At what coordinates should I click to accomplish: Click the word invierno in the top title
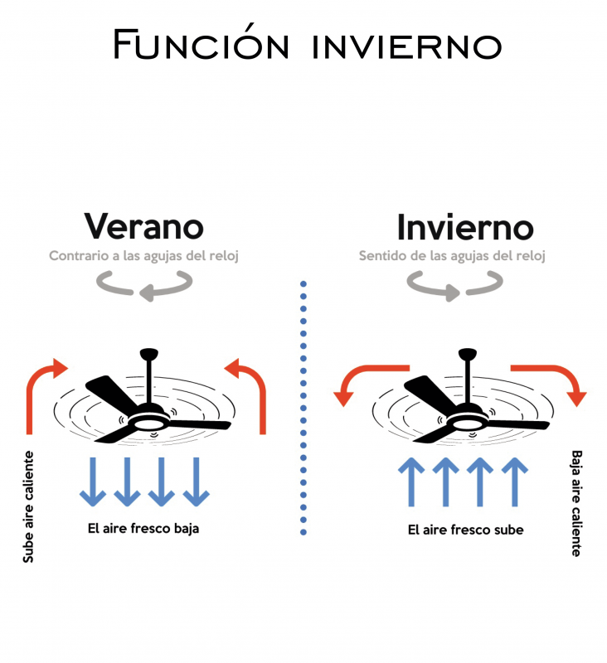(x=406, y=46)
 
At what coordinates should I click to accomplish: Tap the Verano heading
(x=143, y=225)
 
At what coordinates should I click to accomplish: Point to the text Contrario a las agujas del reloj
(x=143, y=256)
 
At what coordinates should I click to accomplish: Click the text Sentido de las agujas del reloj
(x=452, y=256)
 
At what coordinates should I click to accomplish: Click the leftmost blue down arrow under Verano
(x=92, y=481)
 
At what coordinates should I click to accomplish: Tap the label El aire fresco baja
(x=143, y=528)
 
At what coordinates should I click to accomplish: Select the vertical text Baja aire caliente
(x=576, y=503)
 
